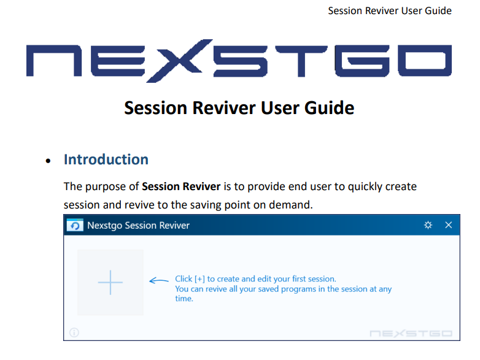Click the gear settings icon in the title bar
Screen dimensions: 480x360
428,225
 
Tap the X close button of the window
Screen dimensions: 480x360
449,225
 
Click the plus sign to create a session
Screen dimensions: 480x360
110,282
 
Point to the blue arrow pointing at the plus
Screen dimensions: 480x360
158,280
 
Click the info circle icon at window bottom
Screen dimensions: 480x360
74,332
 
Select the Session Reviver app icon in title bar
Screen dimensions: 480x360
75,225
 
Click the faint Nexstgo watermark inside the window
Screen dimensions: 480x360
411,333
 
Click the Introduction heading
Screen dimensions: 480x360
106,159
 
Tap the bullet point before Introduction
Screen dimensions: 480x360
48,161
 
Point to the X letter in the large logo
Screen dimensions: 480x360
179,61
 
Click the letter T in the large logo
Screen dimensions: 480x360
301,61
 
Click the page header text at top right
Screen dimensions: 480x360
390,10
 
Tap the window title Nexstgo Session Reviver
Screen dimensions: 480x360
138,226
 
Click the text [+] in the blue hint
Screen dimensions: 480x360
199,279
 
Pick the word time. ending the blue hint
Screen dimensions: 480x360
184,299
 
